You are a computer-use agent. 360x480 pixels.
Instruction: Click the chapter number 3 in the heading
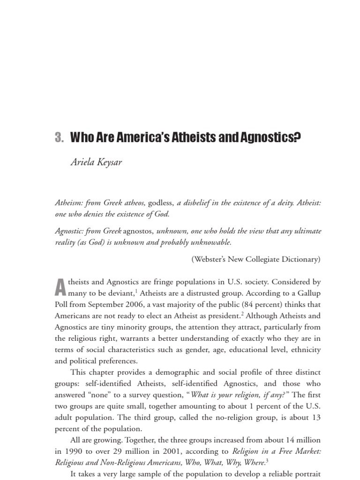pyautogui.click(x=58, y=138)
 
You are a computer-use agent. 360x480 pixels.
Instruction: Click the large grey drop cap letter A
pyautogui.click(x=60, y=287)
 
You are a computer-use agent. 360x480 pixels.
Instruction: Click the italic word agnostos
pyautogui.click(x=138, y=232)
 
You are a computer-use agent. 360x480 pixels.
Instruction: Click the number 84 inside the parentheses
pyautogui.click(x=262, y=305)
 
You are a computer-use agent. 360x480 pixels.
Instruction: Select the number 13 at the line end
pyautogui.click(x=316, y=417)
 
